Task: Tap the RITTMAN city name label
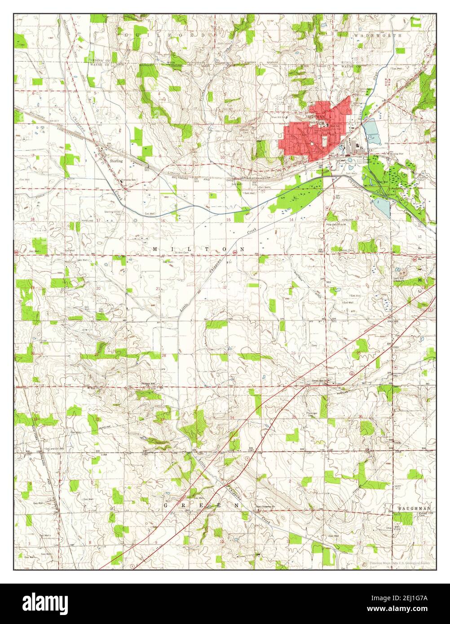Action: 317,116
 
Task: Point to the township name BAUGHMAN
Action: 414,508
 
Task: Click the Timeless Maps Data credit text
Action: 399,562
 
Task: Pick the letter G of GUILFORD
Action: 126,35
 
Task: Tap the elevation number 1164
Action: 104,455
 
